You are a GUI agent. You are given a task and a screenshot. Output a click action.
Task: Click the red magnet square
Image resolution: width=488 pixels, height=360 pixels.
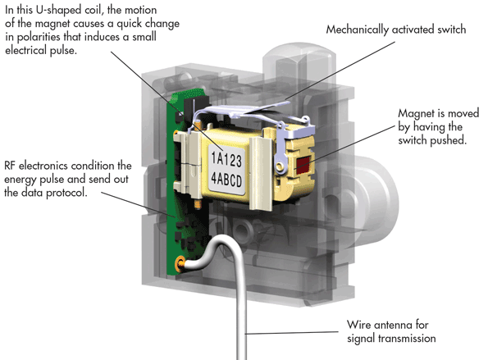(302, 165)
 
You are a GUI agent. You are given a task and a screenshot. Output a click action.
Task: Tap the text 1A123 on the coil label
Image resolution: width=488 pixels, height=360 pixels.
(226, 159)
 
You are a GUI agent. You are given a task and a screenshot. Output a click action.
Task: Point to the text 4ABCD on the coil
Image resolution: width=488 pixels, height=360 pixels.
(226, 180)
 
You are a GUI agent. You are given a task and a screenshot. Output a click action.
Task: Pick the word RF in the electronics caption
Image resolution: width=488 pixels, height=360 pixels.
(10, 166)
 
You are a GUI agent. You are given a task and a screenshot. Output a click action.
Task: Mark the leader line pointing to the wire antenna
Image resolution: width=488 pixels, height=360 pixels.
(292, 333)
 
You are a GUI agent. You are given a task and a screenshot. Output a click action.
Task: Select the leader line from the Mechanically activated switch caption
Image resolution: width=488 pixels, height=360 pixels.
(340, 71)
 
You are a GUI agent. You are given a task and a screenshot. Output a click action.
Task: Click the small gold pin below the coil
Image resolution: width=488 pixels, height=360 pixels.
(198, 204)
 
